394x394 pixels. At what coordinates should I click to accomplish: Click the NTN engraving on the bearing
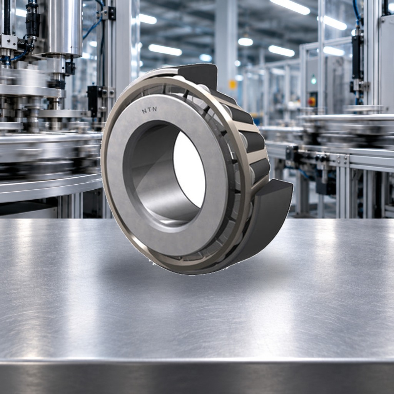(x=150, y=110)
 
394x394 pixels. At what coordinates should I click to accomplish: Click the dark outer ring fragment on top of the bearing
(x=199, y=75)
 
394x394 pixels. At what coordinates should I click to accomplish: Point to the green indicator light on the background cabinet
(x=313, y=80)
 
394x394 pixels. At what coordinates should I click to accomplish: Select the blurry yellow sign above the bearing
(x=233, y=85)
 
